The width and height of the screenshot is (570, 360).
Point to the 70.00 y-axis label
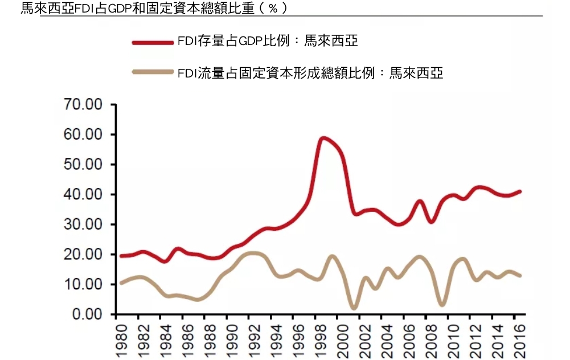point(82,105)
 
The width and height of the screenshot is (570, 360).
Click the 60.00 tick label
point(82,134)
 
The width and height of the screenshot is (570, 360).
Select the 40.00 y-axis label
point(82,194)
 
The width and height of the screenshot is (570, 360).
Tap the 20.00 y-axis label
point(82,254)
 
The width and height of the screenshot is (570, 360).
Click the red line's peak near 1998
point(323,138)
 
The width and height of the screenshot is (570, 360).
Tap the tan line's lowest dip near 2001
point(355,308)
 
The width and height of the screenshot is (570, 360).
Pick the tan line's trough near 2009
point(442,305)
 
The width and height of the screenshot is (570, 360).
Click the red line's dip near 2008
point(431,222)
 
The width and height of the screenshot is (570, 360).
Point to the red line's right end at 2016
point(520,191)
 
